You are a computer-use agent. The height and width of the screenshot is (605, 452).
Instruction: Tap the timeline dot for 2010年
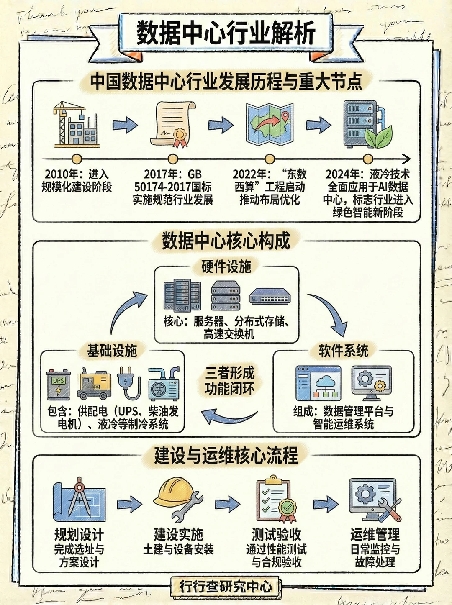[77, 159]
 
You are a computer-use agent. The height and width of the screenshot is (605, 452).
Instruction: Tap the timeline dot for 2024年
[368, 159]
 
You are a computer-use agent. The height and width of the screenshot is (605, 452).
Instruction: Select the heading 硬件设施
[226, 267]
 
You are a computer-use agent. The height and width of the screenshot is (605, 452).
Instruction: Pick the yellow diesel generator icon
[94, 383]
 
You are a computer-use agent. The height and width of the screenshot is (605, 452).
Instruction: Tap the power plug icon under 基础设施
[128, 383]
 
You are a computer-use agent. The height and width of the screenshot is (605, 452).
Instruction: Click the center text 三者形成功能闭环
[229, 381]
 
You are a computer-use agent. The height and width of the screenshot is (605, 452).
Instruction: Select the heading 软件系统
[343, 351]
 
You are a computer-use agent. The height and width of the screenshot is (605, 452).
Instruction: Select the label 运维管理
[375, 535]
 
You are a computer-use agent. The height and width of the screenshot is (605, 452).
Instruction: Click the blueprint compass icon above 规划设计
[79, 500]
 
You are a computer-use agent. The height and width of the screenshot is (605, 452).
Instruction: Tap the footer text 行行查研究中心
[226, 587]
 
